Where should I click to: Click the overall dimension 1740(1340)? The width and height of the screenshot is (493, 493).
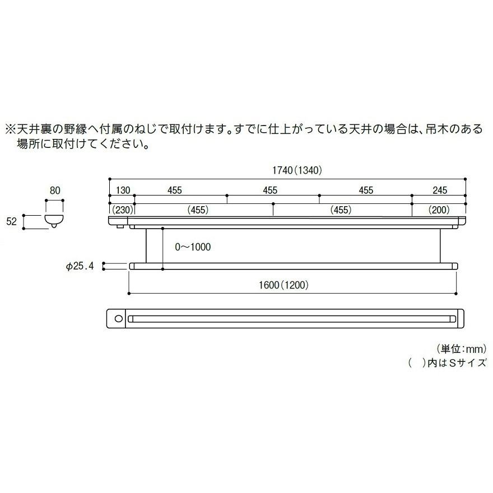tap(287, 170)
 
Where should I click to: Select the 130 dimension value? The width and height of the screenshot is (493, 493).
tap(123, 190)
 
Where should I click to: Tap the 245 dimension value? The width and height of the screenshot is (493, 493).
tap(440, 190)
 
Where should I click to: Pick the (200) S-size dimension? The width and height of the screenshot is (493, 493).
tap(439, 210)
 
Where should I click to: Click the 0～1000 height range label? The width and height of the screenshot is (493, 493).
tap(193, 246)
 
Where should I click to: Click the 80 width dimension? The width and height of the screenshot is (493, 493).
tap(54, 190)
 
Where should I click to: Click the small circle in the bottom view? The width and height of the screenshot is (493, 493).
tap(118, 318)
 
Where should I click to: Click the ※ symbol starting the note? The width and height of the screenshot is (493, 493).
tap(10, 129)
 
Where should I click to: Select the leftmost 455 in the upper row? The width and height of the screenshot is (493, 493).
tap(174, 190)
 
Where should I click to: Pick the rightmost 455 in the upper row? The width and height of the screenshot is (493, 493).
tap(365, 190)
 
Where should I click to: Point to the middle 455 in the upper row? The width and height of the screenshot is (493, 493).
tap(270, 190)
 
